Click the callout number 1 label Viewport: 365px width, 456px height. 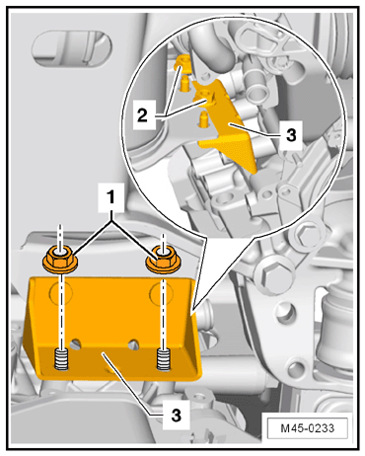tap(111, 197)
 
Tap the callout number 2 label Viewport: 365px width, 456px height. tap(143, 115)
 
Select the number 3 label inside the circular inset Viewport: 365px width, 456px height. tap(291, 134)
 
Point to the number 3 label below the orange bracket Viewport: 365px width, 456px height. tap(177, 416)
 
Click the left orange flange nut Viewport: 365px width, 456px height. tap(59, 260)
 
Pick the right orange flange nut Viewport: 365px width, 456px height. tap(163, 260)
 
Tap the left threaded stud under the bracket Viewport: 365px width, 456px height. tap(61, 359)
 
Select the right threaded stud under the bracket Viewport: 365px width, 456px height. tap(164, 359)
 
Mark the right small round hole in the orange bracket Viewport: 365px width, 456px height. tap(133, 342)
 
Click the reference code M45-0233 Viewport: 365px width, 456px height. tap(308, 428)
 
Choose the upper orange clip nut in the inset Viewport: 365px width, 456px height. tap(182, 63)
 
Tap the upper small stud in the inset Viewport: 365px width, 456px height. tap(184, 84)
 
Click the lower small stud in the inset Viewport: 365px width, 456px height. tap(204, 119)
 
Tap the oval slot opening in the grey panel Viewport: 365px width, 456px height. tap(70, 48)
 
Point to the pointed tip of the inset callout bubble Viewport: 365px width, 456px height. tap(192, 310)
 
